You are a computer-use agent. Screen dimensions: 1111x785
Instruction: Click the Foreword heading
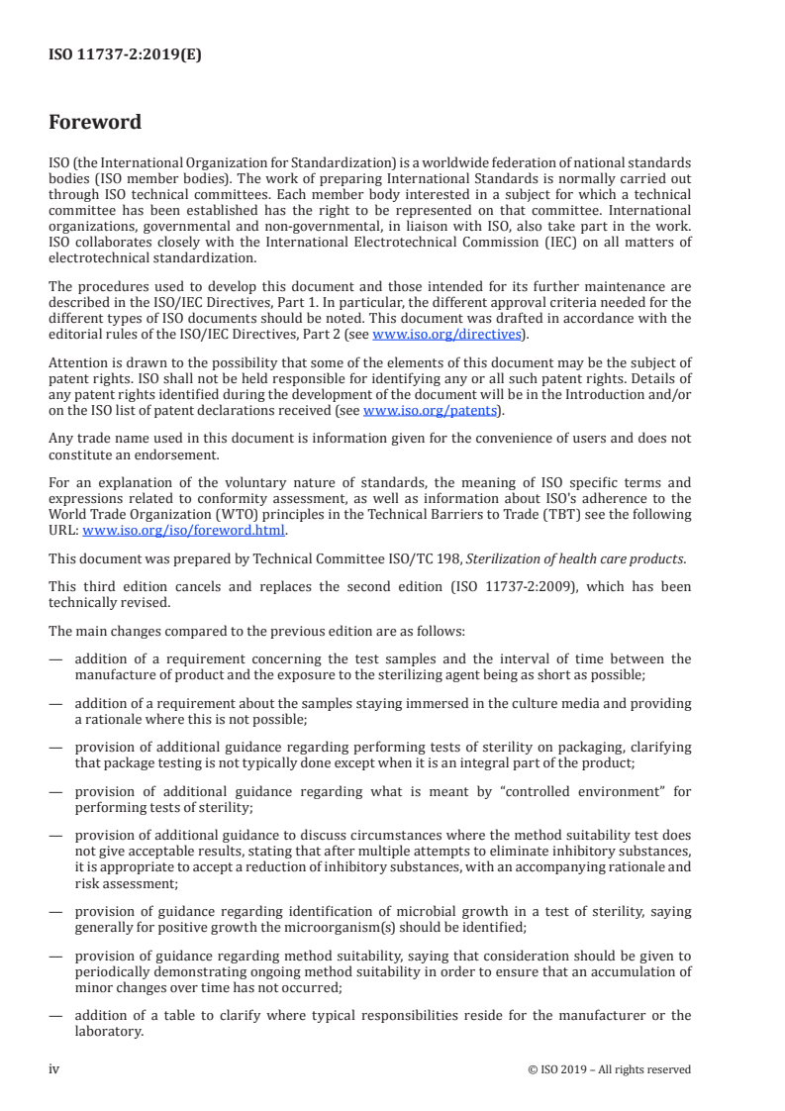click(95, 123)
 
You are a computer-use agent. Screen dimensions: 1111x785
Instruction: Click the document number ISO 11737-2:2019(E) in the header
click(125, 55)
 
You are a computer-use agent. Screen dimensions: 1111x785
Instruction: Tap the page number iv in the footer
click(54, 1069)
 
